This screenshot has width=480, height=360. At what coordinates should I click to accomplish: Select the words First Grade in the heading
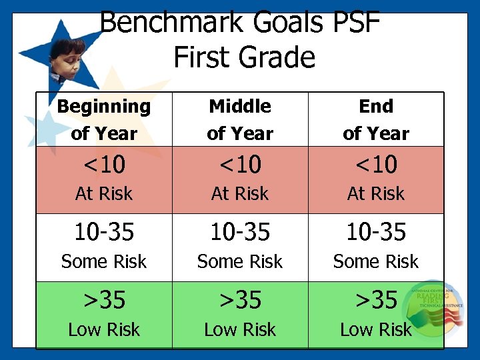[x=244, y=57]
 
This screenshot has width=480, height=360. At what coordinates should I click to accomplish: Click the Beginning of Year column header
[x=104, y=119]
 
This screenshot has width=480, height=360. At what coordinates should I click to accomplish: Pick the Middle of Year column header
[x=240, y=119]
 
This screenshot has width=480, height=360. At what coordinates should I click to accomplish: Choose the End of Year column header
[x=376, y=119]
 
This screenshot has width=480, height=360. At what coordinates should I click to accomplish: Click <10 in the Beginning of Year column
[x=104, y=164]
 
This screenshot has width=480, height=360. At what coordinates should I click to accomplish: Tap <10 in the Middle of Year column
[x=240, y=164]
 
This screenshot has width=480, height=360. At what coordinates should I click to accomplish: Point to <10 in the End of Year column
[x=376, y=164]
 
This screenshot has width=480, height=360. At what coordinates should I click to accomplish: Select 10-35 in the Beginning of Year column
[x=104, y=232]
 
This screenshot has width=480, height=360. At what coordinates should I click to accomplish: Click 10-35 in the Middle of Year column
[x=240, y=232]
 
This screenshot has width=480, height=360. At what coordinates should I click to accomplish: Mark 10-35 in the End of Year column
[x=376, y=232]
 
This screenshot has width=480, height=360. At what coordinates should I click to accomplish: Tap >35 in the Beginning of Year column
[x=104, y=300]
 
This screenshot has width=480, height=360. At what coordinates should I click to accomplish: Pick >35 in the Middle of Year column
[x=240, y=300]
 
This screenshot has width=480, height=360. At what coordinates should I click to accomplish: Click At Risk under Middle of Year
[x=240, y=194]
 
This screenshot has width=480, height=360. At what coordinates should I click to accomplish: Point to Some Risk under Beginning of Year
[x=104, y=262]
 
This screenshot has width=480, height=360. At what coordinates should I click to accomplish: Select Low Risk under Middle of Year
[x=240, y=330]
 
